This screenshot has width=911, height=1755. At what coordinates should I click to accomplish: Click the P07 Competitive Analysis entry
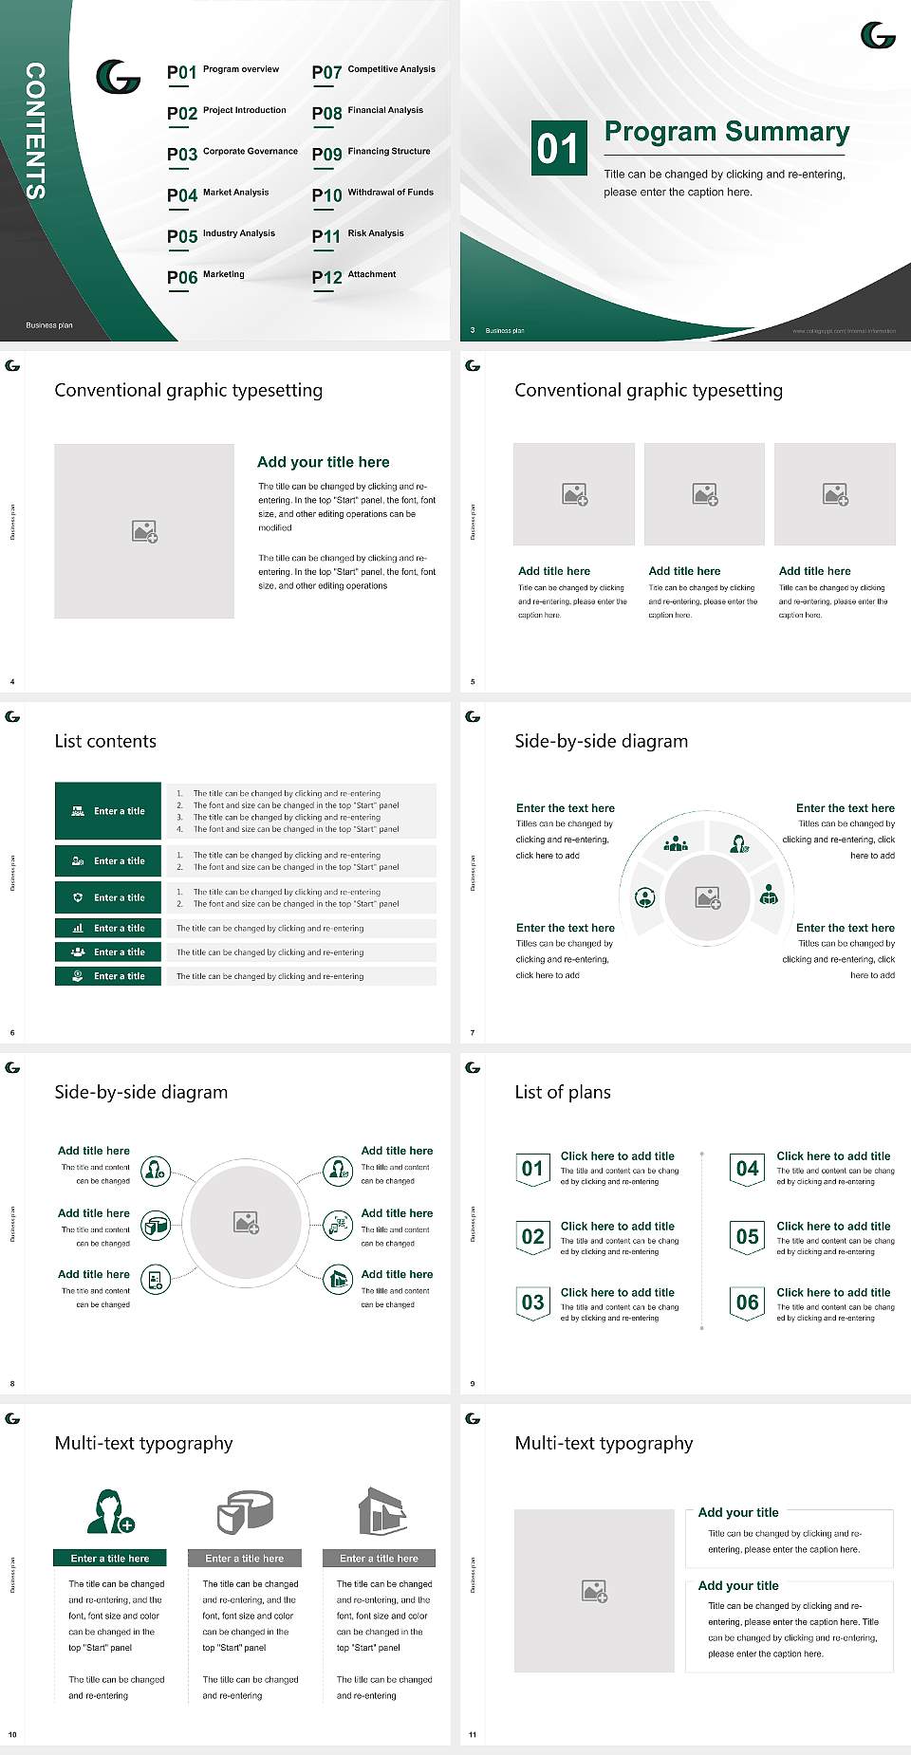[373, 71]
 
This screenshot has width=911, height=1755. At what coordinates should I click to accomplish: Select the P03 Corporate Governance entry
[232, 153]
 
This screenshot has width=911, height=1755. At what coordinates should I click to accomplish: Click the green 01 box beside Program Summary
[557, 148]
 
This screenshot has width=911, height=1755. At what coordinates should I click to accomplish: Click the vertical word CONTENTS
[35, 131]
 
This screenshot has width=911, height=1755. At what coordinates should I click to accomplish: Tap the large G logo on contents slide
[119, 77]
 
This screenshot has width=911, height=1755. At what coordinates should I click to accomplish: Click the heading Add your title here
[323, 462]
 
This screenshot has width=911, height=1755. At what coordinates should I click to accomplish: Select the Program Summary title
[726, 132]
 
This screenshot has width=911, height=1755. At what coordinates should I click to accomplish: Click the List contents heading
[105, 741]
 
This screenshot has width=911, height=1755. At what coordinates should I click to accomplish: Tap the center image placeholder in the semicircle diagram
[707, 896]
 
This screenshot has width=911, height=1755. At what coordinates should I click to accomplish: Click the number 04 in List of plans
[748, 1169]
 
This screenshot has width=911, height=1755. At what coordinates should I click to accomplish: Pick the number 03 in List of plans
[532, 1302]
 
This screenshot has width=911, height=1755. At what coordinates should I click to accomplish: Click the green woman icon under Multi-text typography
[109, 1511]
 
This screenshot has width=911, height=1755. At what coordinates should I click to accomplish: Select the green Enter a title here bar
[110, 1558]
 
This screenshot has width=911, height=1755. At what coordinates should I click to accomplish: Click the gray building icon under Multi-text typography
[382, 1511]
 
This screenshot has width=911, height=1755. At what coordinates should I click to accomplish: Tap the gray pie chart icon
[245, 1511]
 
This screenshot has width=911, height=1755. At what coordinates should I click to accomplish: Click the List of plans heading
[563, 1092]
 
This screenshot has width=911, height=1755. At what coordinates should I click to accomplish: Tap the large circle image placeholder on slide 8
[246, 1222]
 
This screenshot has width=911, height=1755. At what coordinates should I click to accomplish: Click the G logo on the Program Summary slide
[878, 36]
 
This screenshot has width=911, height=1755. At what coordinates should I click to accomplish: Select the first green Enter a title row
[108, 811]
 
